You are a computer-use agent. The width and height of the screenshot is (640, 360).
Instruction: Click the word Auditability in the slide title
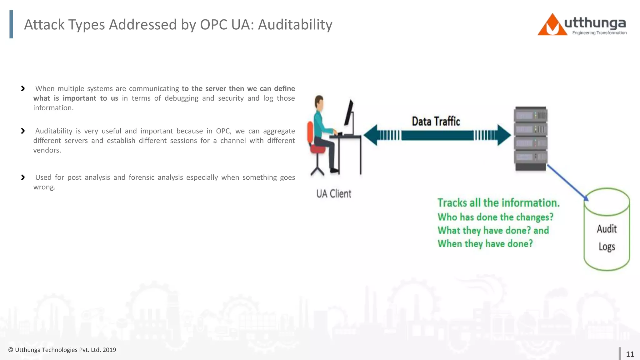[295, 25]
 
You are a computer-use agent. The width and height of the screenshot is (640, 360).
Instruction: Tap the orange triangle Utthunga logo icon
[552, 26]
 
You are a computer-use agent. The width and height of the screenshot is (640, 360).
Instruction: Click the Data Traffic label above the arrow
[436, 121]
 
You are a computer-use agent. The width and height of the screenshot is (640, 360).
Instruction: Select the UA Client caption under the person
[334, 194]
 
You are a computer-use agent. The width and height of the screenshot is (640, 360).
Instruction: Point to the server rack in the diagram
[531, 138]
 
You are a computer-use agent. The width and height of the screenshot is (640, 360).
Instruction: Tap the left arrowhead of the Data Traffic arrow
[371, 135]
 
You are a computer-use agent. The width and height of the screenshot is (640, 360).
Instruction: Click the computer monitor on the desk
[349, 113]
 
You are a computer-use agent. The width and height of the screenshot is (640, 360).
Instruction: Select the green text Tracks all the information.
[498, 203]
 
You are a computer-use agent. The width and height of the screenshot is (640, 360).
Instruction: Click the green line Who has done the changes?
[495, 217]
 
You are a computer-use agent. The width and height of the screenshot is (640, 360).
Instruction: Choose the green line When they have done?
[485, 243]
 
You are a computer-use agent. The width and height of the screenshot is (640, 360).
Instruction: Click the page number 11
[630, 354]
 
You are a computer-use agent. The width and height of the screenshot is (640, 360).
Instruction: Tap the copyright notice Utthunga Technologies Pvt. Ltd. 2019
[62, 350]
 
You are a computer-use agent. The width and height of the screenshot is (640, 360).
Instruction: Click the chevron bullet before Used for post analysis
[23, 177]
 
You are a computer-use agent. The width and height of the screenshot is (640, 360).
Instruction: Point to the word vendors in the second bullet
[47, 150]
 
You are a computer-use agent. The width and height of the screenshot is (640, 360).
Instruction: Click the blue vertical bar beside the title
[11, 24]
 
